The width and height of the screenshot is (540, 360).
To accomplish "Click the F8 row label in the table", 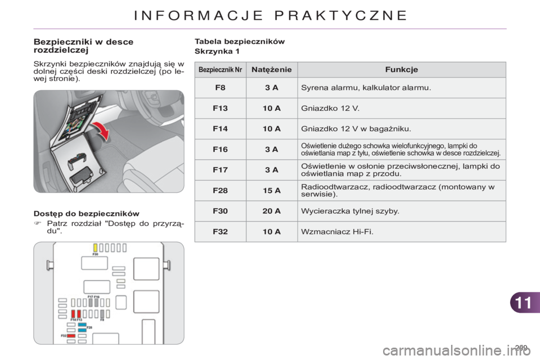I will [220, 88].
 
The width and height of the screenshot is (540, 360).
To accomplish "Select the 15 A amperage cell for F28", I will [272, 191].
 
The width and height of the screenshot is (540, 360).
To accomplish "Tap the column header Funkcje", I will [401, 70].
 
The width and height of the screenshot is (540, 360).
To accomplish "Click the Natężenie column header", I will [272, 70].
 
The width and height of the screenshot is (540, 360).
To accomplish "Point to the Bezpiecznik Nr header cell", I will [220, 70].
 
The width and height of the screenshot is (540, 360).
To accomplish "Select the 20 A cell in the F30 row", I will [272, 211].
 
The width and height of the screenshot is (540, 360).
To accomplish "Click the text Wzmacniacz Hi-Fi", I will [337, 232].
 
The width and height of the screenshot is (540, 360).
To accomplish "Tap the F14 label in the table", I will [220, 129].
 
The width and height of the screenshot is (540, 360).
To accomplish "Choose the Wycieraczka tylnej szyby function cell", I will [350, 211].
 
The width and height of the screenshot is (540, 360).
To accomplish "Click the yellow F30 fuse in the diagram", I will [96, 247].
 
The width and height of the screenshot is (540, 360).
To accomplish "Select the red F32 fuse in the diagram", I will [71, 335].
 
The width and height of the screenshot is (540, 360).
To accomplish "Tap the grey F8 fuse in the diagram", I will [102, 314].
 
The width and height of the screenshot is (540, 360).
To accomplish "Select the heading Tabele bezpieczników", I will [240, 41].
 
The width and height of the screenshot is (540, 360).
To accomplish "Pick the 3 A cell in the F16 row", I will [272, 149].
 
